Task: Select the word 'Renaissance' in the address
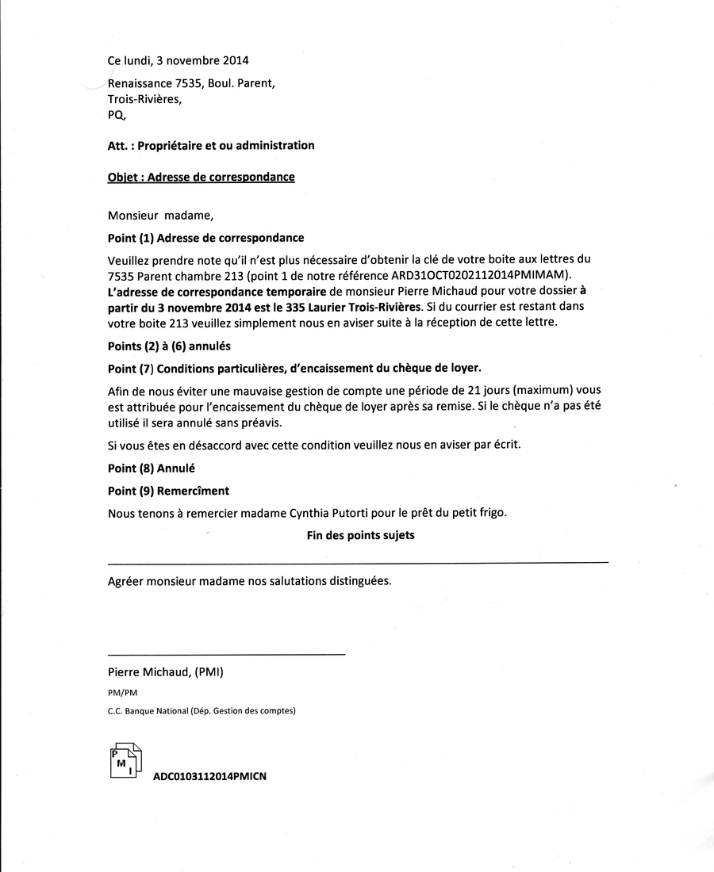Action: click(140, 83)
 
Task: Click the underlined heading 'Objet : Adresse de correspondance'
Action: click(201, 177)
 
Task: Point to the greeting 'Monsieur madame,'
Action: click(161, 215)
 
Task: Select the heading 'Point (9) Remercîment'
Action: click(168, 491)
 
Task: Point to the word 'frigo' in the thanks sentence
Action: click(489, 513)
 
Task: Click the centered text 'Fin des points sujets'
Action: click(360, 535)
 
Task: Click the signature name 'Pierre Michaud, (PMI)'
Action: click(166, 672)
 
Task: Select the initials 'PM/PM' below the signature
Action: click(122, 692)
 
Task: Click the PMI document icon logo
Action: click(125, 763)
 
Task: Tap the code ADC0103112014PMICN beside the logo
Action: click(209, 777)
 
